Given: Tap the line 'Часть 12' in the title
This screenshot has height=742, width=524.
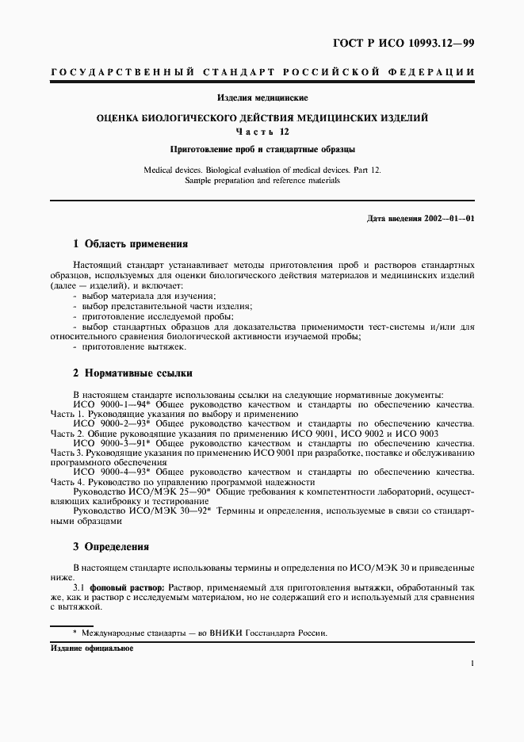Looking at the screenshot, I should [262, 132].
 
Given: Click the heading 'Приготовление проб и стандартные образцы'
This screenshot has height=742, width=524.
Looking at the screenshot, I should [262, 148].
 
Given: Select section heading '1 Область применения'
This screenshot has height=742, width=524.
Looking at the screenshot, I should [130, 244].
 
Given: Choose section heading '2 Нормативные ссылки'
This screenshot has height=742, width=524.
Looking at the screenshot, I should [132, 373].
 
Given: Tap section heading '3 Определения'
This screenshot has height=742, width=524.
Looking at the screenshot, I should [110, 547].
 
